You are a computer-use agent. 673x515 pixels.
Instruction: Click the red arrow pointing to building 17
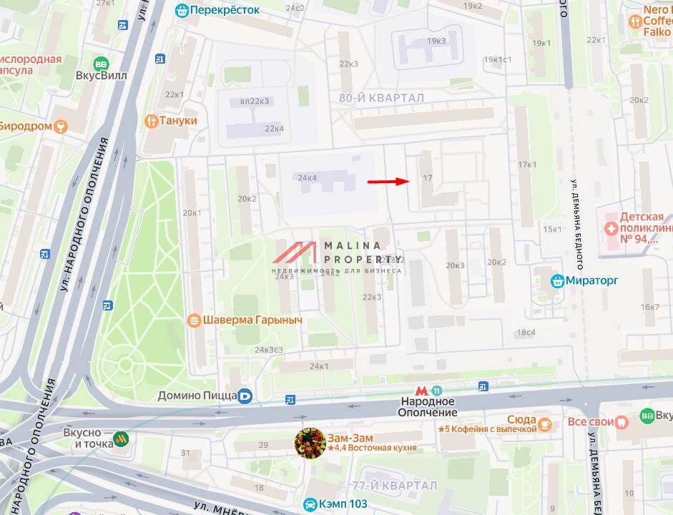389,182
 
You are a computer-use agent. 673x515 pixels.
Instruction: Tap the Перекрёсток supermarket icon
182,10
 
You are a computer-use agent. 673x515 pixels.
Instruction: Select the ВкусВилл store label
102,75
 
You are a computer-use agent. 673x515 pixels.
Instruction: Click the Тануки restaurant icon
151,121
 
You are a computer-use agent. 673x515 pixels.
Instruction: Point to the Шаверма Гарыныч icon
193,320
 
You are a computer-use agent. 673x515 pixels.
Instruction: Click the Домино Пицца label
197,395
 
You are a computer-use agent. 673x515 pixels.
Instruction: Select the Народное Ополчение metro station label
428,407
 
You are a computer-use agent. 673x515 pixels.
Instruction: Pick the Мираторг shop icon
557,281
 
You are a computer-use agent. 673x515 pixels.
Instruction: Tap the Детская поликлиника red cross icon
611,229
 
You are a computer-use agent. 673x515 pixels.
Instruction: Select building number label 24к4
308,177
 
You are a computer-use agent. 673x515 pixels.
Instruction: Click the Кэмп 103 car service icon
310,504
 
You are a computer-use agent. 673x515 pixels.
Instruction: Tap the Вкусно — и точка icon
122,438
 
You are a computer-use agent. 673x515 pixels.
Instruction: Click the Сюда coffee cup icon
545,424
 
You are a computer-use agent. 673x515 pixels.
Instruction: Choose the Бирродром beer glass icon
61,127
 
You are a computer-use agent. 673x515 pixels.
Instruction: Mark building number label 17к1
527,165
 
